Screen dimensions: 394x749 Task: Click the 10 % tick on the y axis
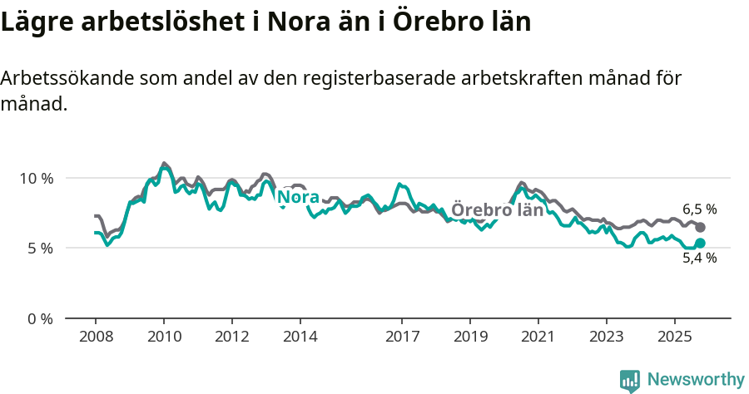click(35, 179)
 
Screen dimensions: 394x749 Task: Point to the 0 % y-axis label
click(38, 318)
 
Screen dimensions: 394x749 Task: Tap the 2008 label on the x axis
click(96, 337)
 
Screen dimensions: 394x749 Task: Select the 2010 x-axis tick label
click(164, 337)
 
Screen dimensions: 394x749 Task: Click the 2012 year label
click(232, 337)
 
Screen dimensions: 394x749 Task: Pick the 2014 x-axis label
click(300, 337)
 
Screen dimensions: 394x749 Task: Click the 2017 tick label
click(402, 337)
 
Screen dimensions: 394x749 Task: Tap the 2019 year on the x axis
click(470, 337)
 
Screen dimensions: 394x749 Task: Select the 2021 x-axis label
click(538, 337)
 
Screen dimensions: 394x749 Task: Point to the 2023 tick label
click(607, 337)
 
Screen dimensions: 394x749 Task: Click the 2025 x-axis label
click(675, 337)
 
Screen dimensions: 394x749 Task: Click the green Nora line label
click(298, 197)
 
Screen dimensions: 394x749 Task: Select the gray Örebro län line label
click(497, 210)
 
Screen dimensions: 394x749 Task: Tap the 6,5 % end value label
click(699, 209)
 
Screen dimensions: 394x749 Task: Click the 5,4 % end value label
click(699, 259)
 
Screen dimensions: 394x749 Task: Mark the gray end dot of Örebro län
click(700, 227)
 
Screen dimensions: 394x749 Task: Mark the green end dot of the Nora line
click(700, 243)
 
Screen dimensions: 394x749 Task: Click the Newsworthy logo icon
click(630, 381)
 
